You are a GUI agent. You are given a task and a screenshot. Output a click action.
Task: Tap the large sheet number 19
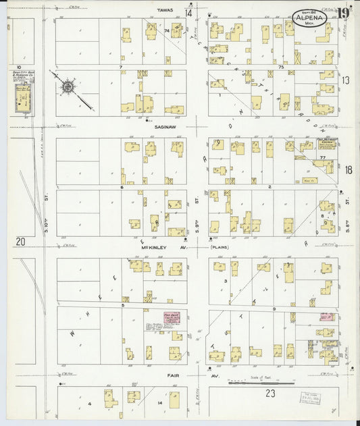point(344,13)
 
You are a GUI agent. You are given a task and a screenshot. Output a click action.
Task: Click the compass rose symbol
point(68,87)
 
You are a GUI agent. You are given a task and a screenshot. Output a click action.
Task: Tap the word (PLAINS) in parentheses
point(221,247)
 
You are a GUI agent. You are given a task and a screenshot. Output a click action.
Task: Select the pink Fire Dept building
point(171,318)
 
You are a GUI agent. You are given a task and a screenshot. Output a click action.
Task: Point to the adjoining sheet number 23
point(271,393)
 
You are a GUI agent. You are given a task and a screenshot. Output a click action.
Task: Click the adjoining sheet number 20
point(20,241)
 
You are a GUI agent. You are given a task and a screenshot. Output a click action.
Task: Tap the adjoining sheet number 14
point(189,13)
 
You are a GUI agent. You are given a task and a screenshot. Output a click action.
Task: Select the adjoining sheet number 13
point(346,80)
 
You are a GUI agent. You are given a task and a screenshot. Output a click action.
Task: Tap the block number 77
point(323,157)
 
